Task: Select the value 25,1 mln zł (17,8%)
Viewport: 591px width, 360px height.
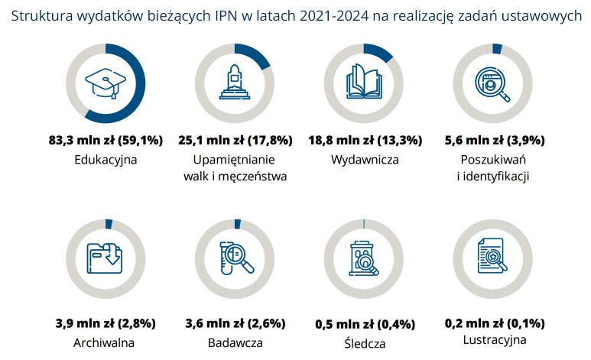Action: pos(235,141)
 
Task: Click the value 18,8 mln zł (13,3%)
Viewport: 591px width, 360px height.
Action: pos(365,141)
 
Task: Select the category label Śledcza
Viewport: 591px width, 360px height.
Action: pos(365,343)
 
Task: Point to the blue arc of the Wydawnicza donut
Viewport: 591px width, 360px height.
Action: pos(378,52)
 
